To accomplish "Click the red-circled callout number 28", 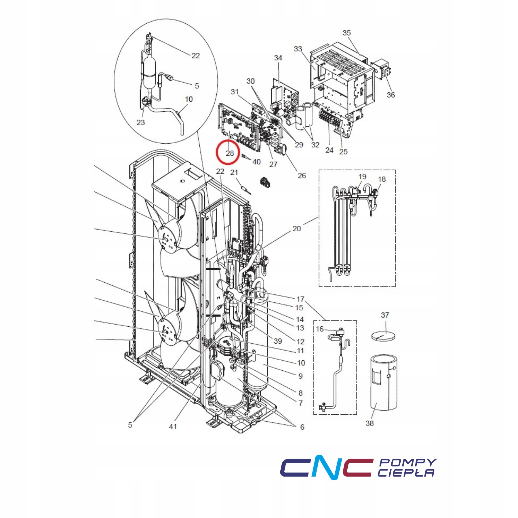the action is tap(230, 153).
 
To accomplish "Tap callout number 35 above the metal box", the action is tap(347, 33).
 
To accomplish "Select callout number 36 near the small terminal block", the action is tap(391, 95).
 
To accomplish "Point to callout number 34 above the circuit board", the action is tap(278, 58).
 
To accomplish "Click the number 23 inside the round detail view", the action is tap(140, 123).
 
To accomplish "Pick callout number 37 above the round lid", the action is tap(385, 315).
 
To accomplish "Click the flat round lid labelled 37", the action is tap(383, 336).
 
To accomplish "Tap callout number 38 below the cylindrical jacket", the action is tap(370, 423).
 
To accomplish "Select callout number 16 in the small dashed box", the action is tap(320, 329).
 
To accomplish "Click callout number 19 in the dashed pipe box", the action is tap(362, 177).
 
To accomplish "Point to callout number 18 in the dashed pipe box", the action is tap(382, 179).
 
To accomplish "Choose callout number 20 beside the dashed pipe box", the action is tap(297, 229).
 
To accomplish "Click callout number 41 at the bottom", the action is tap(173, 426).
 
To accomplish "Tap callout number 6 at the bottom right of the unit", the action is tap(302, 427).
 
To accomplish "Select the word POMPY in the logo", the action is tap(408, 462).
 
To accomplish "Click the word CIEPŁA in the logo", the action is tap(406, 473).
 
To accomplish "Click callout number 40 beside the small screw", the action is tap(256, 162).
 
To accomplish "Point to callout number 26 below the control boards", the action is tap(302, 176).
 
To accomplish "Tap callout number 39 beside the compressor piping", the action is tap(278, 341).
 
